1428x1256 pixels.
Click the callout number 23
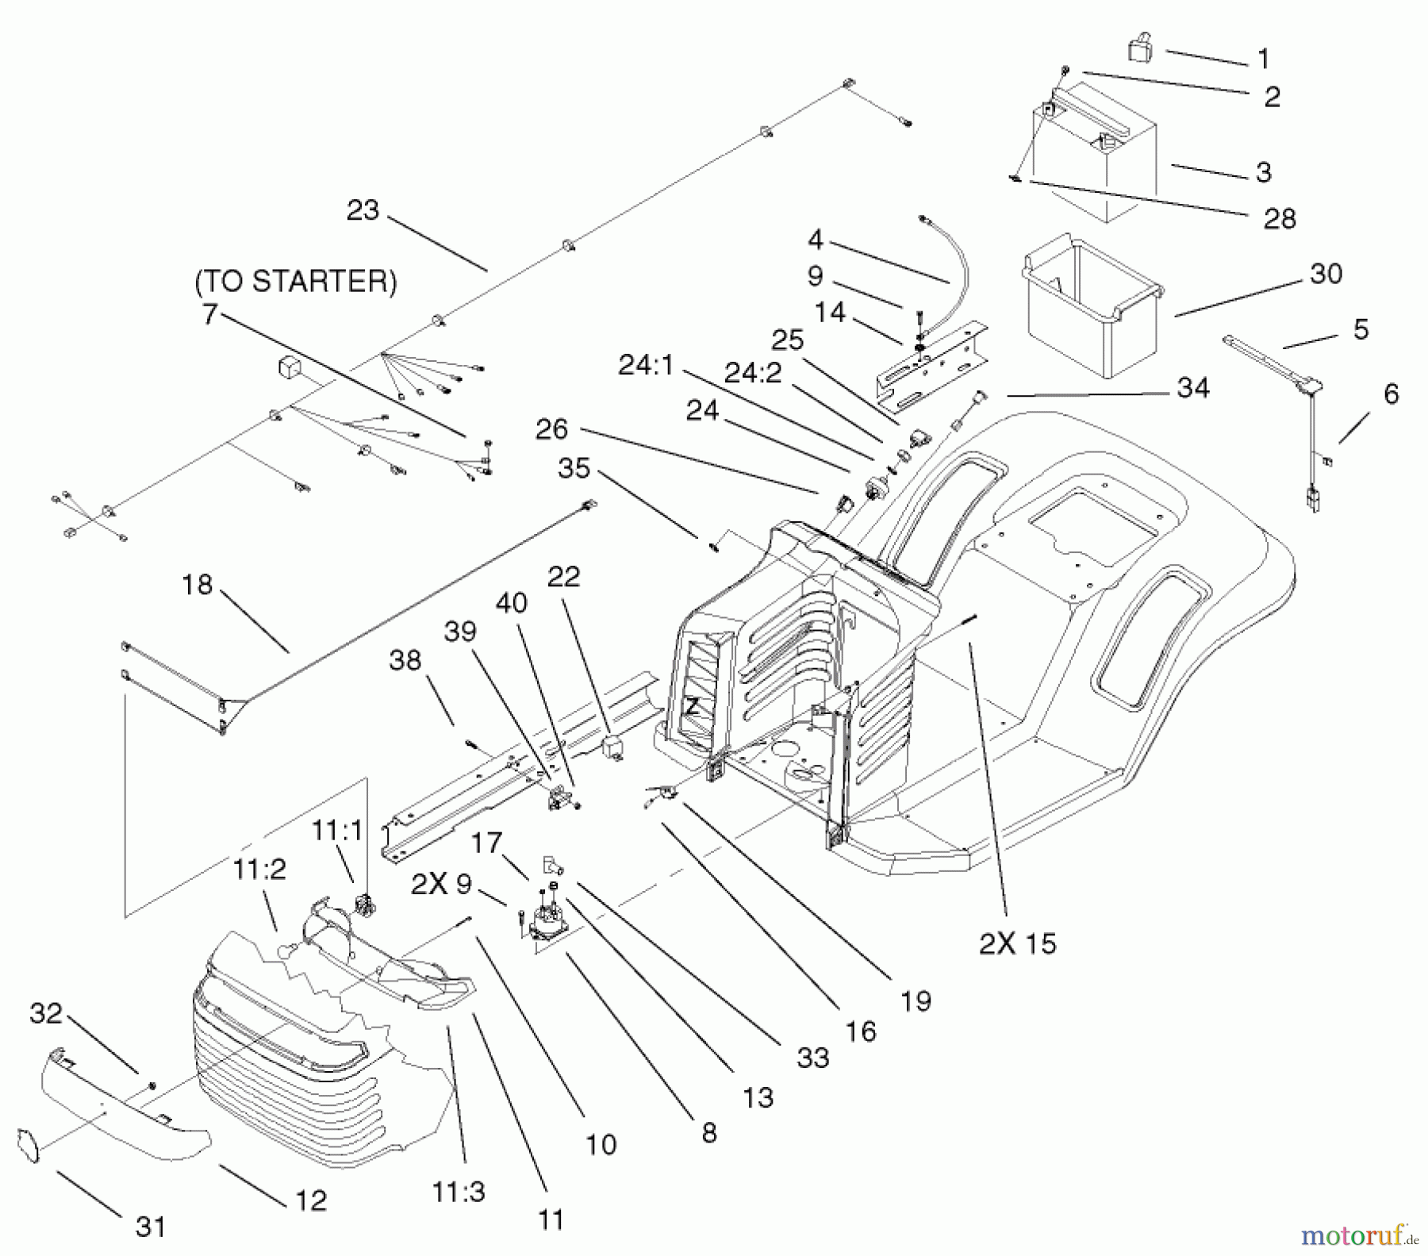tap(363, 211)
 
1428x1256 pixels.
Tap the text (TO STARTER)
tap(296, 282)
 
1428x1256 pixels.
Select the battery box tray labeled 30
tap(1091, 309)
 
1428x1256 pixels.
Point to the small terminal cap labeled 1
tap(1140, 47)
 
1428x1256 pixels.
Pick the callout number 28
tap(1279, 219)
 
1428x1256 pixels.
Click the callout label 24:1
tap(647, 366)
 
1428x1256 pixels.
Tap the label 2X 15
tap(1017, 943)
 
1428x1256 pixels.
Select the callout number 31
tap(150, 1227)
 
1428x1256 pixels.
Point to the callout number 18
tap(197, 585)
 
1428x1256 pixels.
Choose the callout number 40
tap(511, 603)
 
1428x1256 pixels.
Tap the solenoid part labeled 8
tap(547, 924)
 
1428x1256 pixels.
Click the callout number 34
tap(1192, 388)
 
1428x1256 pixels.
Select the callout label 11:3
tap(459, 1192)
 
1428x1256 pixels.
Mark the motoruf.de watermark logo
tap(1359, 1235)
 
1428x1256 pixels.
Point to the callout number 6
tap(1391, 394)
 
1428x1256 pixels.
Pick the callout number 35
tap(574, 468)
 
